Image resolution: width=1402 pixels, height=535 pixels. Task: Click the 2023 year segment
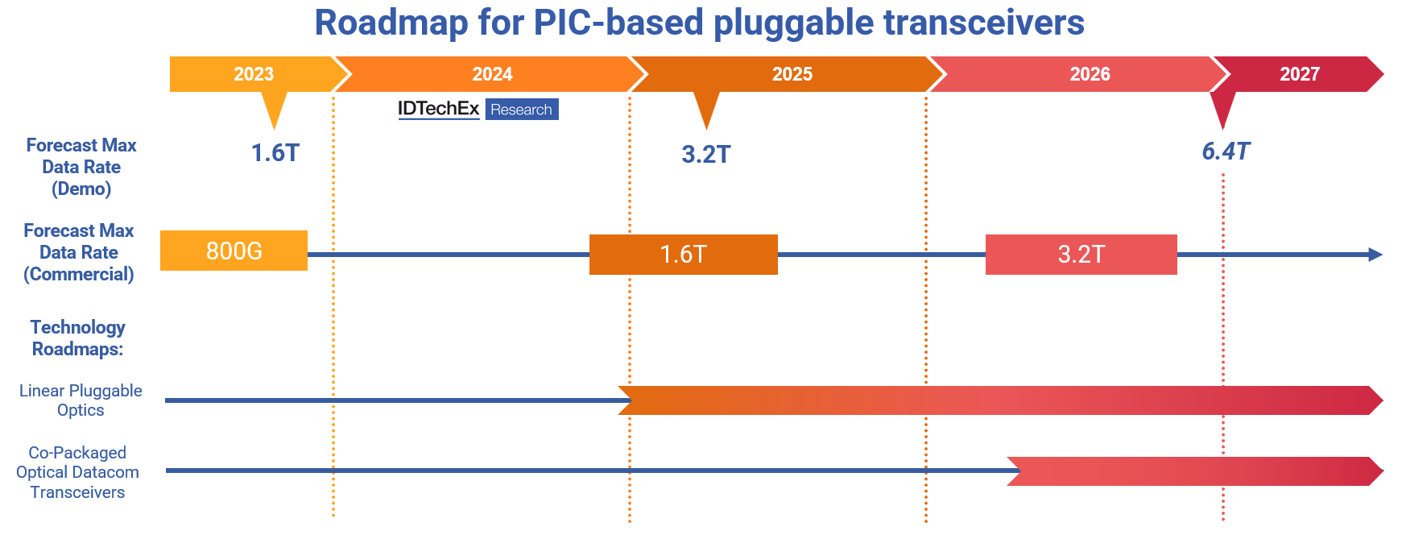click(254, 74)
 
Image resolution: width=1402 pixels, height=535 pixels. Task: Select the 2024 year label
click(492, 74)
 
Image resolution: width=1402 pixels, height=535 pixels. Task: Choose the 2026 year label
click(1090, 74)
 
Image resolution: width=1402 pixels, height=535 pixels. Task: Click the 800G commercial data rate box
click(234, 251)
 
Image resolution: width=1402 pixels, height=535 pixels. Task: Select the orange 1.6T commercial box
click(684, 255)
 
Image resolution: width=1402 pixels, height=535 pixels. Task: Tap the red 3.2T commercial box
click(1081, 255)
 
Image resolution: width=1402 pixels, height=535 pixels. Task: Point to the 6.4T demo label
click(1226, 151)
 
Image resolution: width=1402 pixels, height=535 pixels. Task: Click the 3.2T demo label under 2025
click(706, 154)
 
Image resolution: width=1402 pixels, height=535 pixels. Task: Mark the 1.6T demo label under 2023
click(275, 152)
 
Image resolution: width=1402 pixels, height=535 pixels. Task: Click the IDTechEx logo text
click(439, 109)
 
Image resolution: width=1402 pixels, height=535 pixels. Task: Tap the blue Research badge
click(522, 110)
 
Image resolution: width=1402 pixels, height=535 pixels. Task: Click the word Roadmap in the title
click(391, 23)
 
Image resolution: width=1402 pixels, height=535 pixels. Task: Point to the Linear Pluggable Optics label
click(81, 400)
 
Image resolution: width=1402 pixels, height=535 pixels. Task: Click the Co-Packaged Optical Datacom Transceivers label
click(77, 472)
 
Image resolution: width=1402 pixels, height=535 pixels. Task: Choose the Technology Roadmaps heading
click(78, 338)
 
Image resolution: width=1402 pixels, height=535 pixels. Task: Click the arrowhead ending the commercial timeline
click(1375, 255)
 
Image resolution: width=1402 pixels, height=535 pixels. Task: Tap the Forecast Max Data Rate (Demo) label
click(81, 167)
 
